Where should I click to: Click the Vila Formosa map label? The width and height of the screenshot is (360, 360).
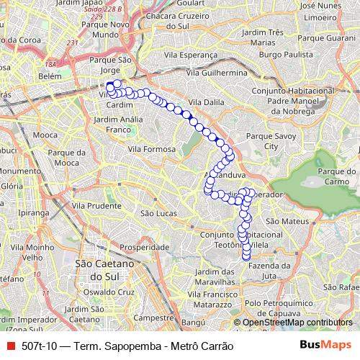pyautogui.click(x=152, y=148)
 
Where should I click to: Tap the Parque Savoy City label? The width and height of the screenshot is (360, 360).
pyautogui.click(x=262, y=140)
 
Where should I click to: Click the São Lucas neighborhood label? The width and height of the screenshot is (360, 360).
pyautogui.click(x=158, y=213)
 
